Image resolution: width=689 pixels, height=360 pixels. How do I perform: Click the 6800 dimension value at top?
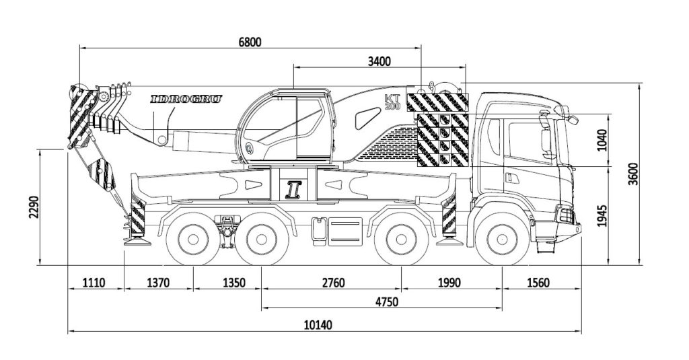250,41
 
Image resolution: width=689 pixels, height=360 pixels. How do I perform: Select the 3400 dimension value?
379,61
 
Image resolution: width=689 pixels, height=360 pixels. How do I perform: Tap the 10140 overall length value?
318,325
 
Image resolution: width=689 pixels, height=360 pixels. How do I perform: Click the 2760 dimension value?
330,283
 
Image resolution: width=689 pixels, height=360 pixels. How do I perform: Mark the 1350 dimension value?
226,283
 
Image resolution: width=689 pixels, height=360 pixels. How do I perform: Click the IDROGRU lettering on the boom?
186,99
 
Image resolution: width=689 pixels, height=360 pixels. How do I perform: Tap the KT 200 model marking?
392,102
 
